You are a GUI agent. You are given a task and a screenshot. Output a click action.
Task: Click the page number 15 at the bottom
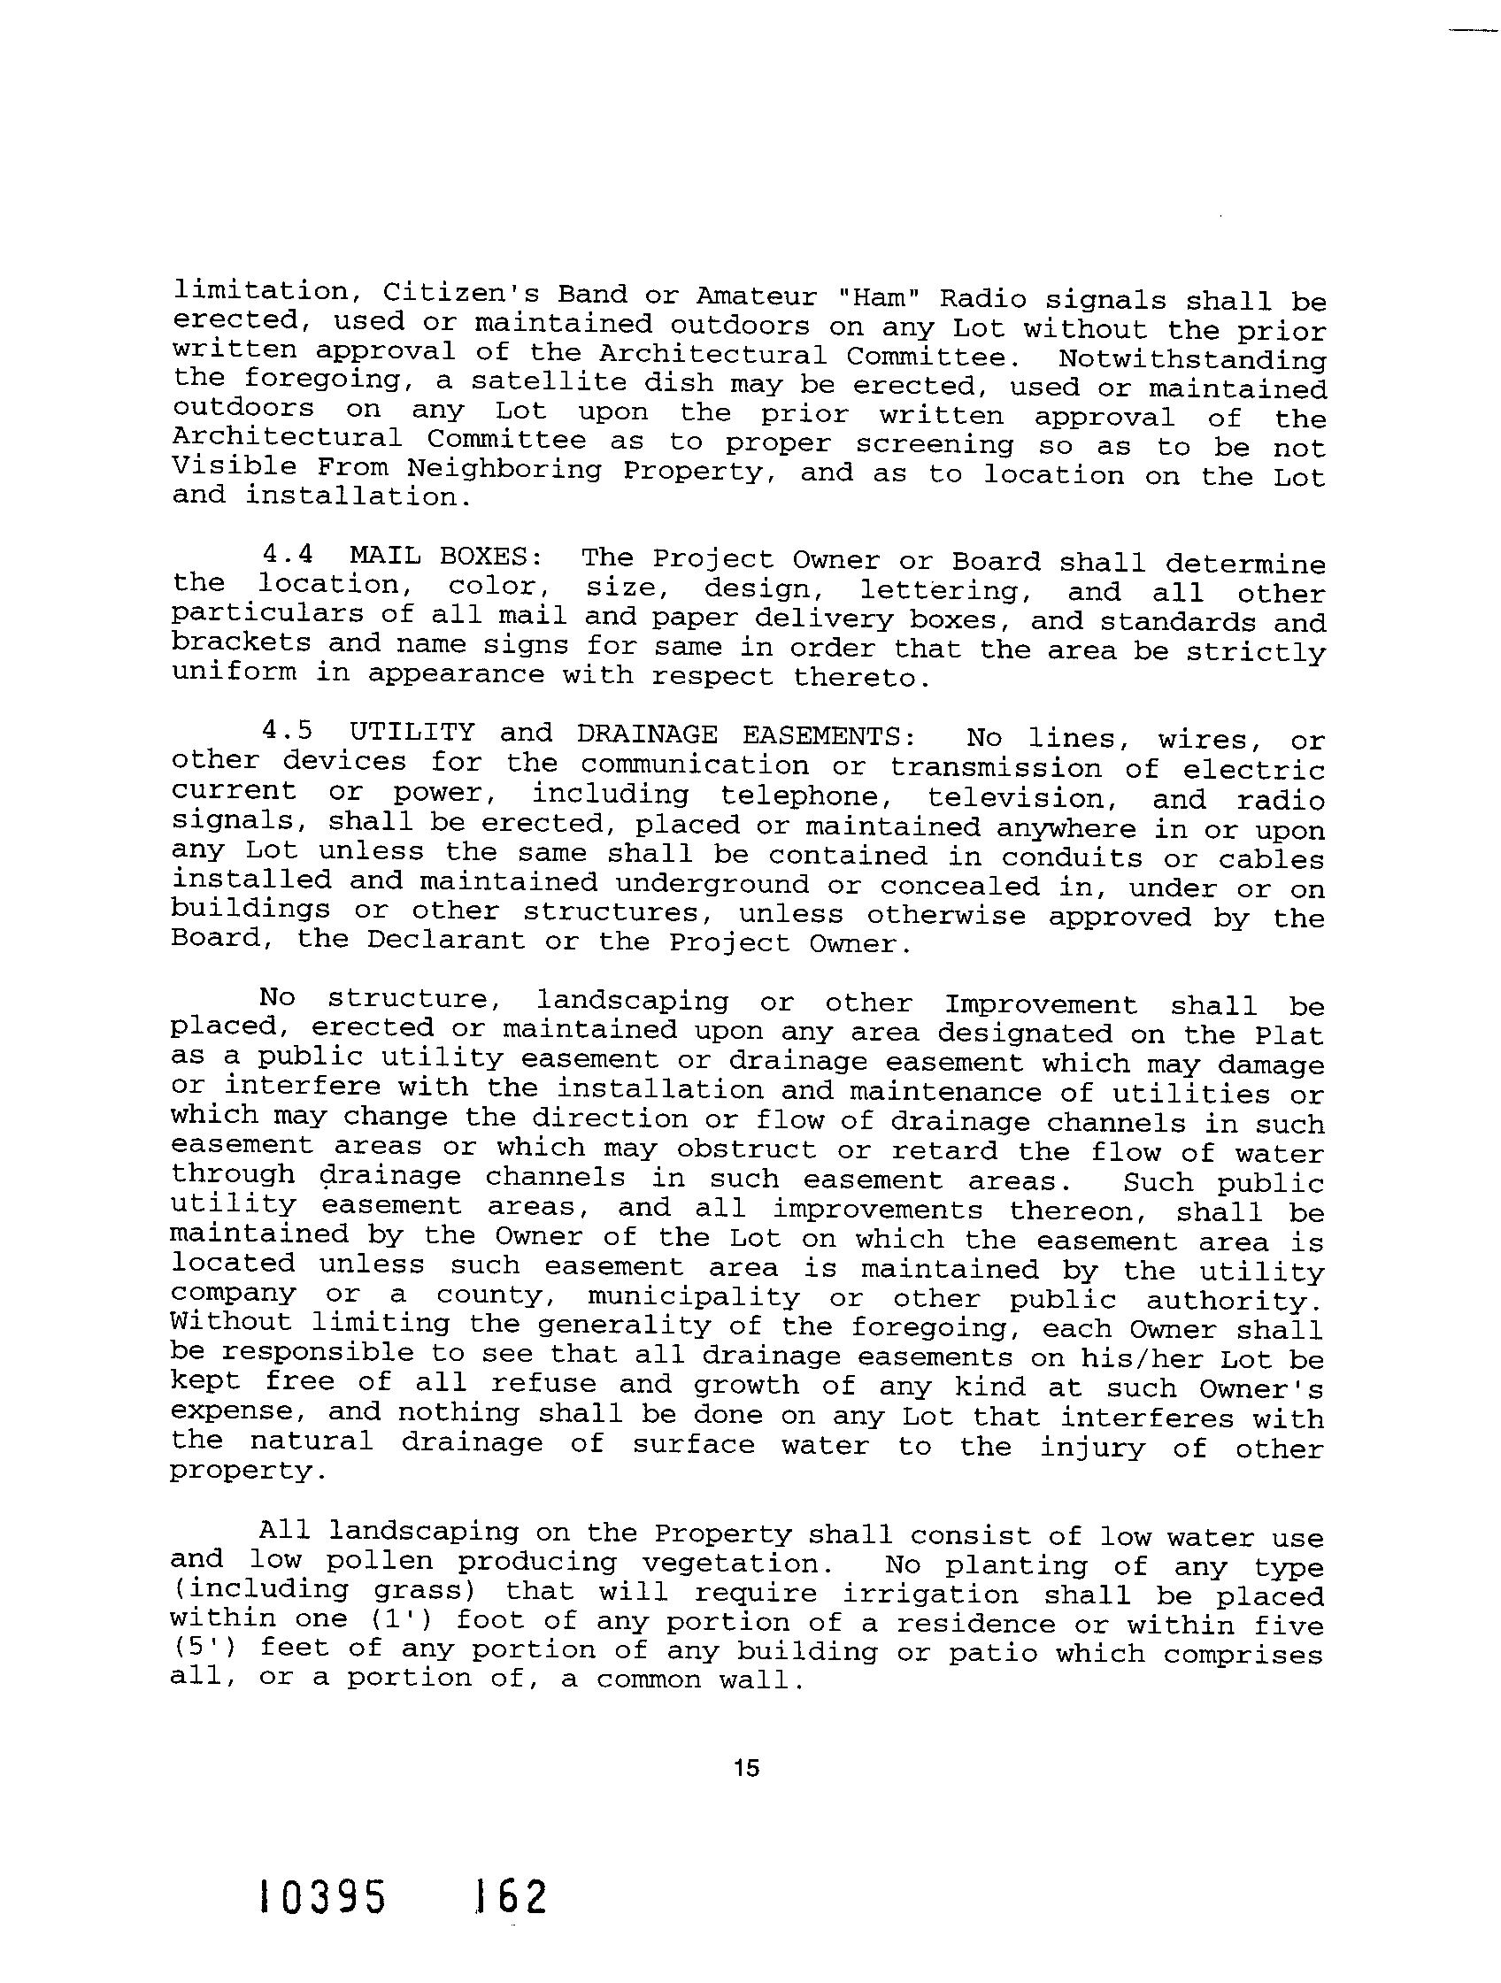tap(745, 1768)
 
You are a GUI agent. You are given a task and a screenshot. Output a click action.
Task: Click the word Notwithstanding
tap(1191, 359)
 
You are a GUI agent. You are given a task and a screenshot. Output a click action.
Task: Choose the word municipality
tap(693, 1297)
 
